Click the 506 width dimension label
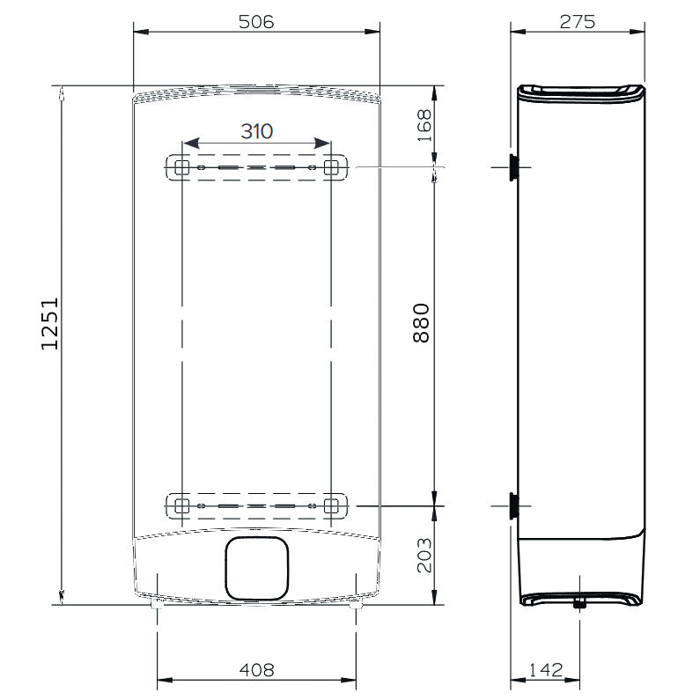click(255, 22)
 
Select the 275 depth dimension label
click(577, 22)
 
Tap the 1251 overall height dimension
click(50, 322)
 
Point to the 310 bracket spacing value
click(256, 131)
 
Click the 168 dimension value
click(424, 125)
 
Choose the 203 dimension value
click(424, 555)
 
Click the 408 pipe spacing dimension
click(256, 670)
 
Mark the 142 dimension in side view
click(546, 671)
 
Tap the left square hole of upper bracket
click(181, 167)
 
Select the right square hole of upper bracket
click(331, 167)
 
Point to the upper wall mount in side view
click(512, 166)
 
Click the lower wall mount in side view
click(512, 505)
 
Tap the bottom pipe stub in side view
click(579, 603)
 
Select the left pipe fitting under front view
click(157, 605)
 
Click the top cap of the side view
click(581, 92)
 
